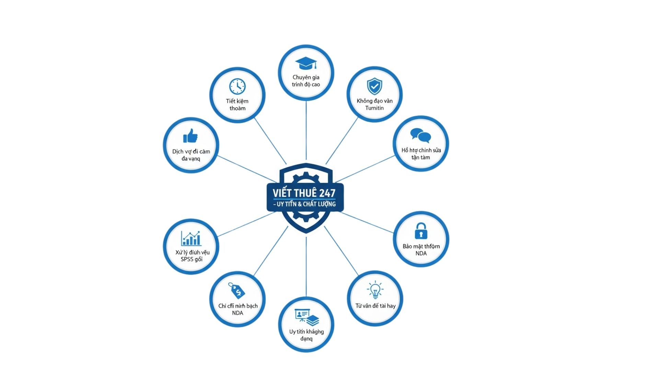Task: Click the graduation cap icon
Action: [x=306, y=64]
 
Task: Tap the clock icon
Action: [x=237, y=86]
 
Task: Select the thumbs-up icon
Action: [x=190, y=136]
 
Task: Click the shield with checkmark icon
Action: [x=374, y=86]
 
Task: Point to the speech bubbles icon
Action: [x=420, y=135]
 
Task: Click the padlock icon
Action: [x=421, y=231]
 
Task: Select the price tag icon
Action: [x=237, y=291]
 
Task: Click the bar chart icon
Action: [x=191, y=238]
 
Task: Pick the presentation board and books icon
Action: [x=307, y=317]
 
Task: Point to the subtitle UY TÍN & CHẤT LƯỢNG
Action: [x=305, y=204]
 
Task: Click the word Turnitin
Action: [x=374, y=108]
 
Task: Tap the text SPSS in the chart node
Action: [x=187, y=259]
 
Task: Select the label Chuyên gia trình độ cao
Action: [x=306, y=81]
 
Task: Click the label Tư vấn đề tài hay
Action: [x=375, y=306]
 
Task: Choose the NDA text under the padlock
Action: [x=421, y=254]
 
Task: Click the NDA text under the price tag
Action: [x=238, y=313]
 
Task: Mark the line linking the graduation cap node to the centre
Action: [x=306, y=131]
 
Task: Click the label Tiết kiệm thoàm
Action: [x=237, y=104]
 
